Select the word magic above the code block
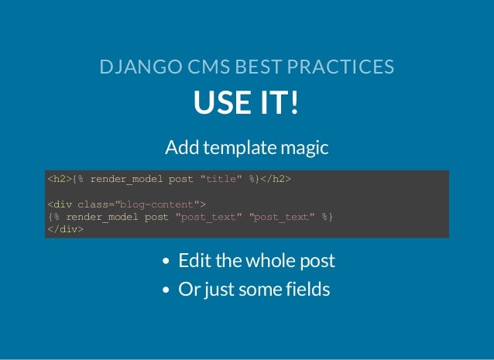click(x=306, y=146)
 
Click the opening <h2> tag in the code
click(x=59, y=180)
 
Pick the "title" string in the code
click(x=221, y=180)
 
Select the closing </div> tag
click(x=65, y=229)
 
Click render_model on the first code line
click(x=127, y=180)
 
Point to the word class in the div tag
click(x=93, y=204)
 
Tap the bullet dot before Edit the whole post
click(x=166, y=262)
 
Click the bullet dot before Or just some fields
click(x=166, y=291)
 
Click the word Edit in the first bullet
click(x=194, y=261)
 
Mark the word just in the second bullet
click(x=220, y=290)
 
